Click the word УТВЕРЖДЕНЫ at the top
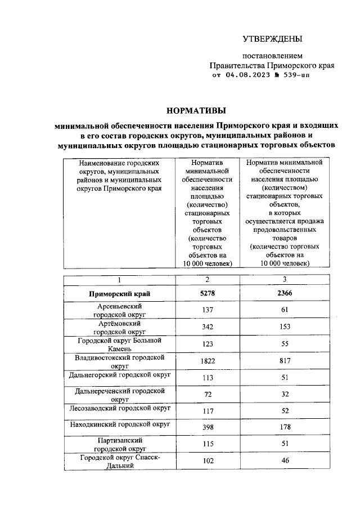(272, 39)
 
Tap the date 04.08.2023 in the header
(250, 74)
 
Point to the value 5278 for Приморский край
(208, 293)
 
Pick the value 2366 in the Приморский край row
(285, 293)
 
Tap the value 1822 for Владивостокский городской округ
(208, 361)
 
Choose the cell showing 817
(285, 361)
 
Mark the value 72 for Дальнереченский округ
(208, 394)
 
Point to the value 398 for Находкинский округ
(208, 428)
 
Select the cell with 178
(285, 428)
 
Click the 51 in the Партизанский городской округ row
(285, 444)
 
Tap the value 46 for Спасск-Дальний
(285, 461)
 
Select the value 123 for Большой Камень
(208, 344)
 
